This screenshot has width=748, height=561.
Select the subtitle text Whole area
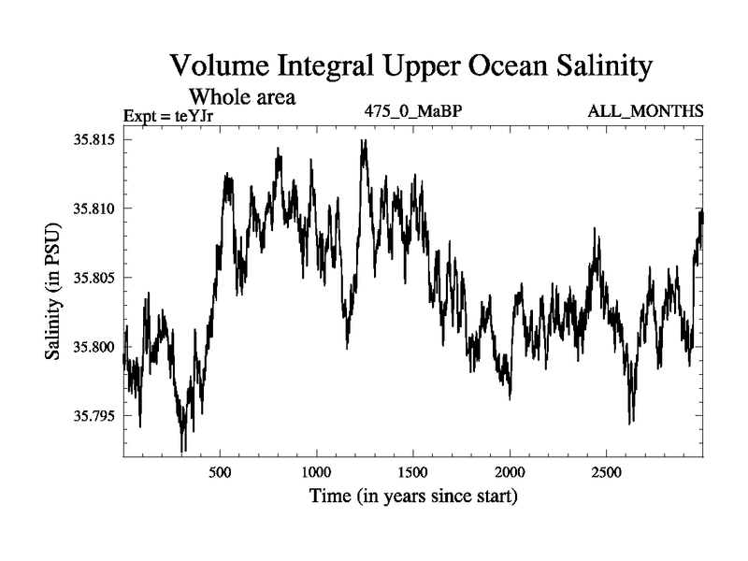243,95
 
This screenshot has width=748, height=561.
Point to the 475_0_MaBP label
413,112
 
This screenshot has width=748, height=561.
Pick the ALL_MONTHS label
645,112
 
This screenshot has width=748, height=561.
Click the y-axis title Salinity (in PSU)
52,292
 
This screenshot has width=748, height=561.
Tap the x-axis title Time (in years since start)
413,496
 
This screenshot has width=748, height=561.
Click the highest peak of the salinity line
364,141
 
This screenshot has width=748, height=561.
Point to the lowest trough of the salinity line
183,451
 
